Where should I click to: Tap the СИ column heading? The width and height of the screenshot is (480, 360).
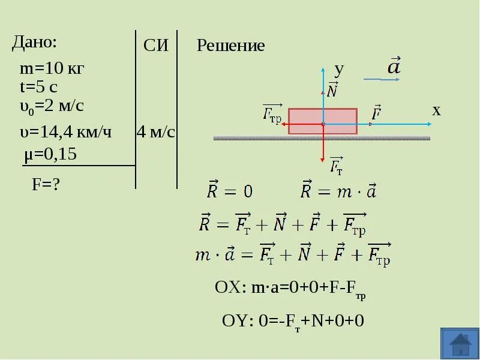pos(156,47)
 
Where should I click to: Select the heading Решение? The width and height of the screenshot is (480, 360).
pos(231,46)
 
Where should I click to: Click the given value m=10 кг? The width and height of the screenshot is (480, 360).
pos(52,68)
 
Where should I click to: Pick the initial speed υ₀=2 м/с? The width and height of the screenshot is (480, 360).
pos(52,106)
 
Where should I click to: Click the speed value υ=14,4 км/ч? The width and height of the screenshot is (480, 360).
pos(66,132)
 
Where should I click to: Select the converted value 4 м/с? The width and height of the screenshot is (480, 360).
pos(156,132)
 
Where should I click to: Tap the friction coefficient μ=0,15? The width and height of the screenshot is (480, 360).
pos(50,155)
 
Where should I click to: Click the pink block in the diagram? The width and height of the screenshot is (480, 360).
pos(323,121)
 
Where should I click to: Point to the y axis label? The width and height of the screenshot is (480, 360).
pos(339,69)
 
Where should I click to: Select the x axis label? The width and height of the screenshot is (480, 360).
pos(436,110)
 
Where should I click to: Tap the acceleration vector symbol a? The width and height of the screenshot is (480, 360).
pos(394,67)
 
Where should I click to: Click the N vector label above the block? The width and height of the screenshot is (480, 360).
pos(332,90)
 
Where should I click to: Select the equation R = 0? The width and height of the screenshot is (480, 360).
pos(230,191)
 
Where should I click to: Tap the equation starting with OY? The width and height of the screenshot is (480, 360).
pos(293,321)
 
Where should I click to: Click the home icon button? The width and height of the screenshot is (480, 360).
pos(460,344)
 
